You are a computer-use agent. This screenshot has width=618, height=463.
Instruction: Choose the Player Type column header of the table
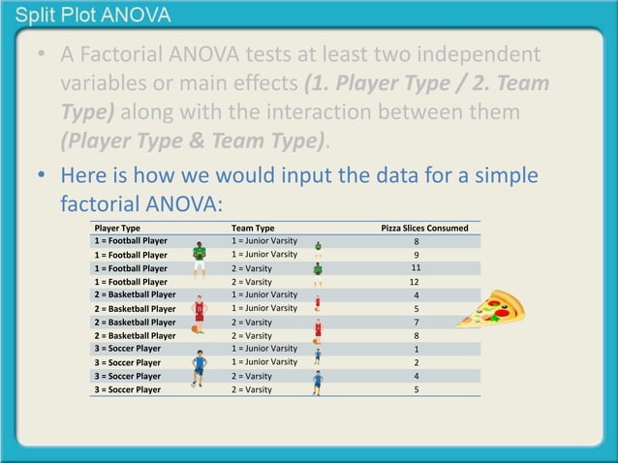pyautogui.click(x=117, y=228)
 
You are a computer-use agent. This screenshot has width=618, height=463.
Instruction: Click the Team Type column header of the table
pyautogui.click(x=253, y=228)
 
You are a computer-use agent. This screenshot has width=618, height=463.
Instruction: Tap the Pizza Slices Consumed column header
pyautogui.click(x=424, y=228)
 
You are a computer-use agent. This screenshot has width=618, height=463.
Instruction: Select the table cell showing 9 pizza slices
pyautogui.click(x=417, y=255)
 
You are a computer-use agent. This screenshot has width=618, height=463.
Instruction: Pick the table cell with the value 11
pyautogui.click(x=417, y=268)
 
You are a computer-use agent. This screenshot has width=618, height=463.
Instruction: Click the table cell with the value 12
pyautogui.click(x=417, y=282)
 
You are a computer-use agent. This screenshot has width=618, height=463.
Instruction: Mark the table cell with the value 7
pyautogui.click(x=417, y=322)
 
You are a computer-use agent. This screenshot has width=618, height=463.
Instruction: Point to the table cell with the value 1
pyautogui.click(x=417, y=349)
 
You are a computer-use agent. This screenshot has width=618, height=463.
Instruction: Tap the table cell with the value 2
pyautogui.click(x=417, y=362)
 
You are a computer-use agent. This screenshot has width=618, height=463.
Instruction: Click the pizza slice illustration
pyautogui.click(x=491, y=310)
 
